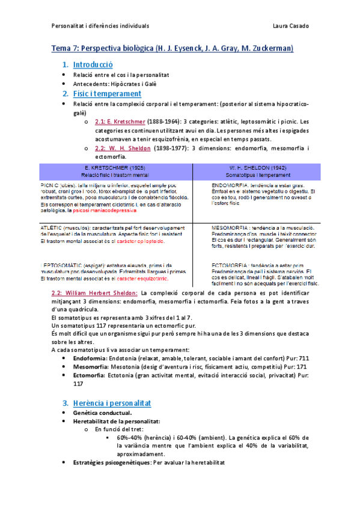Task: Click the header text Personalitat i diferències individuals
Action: [100, 26]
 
